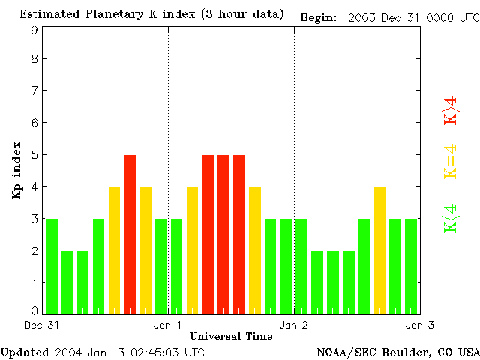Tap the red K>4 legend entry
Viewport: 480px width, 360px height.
(451, 109)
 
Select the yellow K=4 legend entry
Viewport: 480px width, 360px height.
(451, 160)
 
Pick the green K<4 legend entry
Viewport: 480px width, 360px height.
(451, 219)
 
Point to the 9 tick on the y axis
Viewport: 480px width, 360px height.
(34, 30)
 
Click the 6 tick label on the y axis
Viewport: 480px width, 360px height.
(34, 123)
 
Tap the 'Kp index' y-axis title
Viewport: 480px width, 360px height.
(16, 170)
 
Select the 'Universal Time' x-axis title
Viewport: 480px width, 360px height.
(231, 336)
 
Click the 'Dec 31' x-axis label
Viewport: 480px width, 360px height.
(37, 325)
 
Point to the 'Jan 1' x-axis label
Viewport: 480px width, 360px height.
(167, 325)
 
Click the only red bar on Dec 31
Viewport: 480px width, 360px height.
(130, 234)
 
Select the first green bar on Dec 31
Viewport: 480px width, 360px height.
(52, 266)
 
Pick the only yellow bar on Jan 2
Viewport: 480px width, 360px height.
(379, 250)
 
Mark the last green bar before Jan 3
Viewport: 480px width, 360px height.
(411, 266)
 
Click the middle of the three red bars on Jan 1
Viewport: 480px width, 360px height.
(223, 234)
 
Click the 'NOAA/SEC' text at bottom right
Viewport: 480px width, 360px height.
(342, 352)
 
